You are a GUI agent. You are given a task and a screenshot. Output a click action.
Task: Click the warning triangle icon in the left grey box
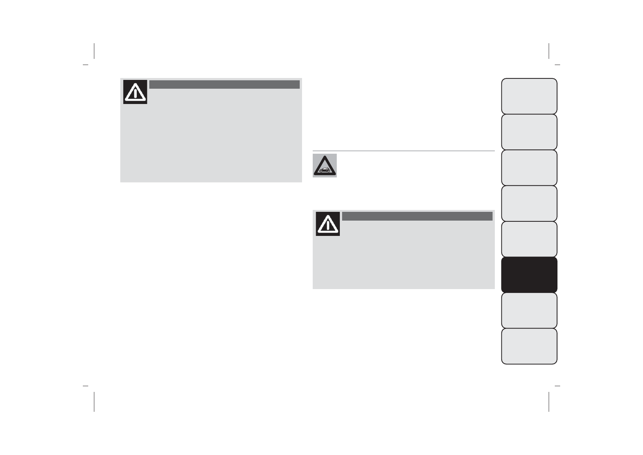[135, 92]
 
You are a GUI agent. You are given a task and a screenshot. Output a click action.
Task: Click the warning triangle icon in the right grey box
[328, 224]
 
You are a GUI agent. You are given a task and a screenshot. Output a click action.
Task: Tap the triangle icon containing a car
[325, 166]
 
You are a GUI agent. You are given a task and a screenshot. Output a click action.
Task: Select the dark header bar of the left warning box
[224, 84]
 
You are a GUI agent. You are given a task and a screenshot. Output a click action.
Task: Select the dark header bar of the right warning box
[417, 216]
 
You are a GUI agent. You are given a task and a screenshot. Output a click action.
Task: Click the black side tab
[529, 275]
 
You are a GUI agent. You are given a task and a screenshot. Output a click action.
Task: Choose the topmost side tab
[529, 96]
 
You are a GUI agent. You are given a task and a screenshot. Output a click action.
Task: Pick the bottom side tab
[529, 346]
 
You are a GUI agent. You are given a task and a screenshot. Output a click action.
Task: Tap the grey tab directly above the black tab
[529, 239]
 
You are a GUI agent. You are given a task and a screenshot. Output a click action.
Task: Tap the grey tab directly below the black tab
[529, 310]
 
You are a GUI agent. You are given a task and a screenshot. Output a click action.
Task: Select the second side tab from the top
[529, 132]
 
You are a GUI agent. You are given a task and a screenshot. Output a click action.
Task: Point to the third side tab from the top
[529, 167]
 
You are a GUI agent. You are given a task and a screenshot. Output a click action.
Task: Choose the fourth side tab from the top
[529, 203]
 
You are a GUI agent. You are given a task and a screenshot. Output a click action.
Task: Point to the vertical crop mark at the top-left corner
[94, 51]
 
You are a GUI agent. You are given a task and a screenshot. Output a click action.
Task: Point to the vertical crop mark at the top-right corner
[549, 51]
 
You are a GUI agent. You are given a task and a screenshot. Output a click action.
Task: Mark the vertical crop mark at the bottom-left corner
[94, 401]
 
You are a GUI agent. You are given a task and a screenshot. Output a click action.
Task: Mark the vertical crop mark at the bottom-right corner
[549, 401]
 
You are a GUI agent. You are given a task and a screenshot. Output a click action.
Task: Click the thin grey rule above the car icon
[404, 151]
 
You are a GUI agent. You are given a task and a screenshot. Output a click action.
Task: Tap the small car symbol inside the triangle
[325, 170]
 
